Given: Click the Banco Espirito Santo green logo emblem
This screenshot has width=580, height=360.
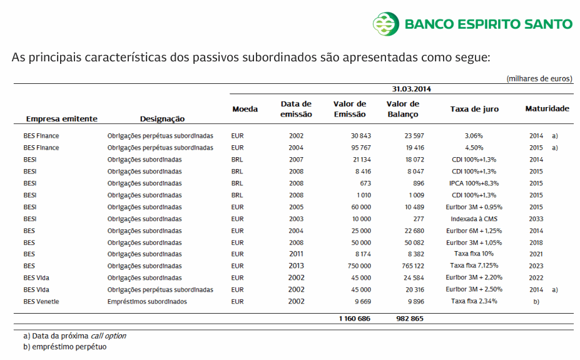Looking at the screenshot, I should (x=386, y=24).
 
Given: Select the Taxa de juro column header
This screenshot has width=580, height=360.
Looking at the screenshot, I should (x=474, y=109).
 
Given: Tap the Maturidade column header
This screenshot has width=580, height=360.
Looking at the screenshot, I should (x=547, y=109).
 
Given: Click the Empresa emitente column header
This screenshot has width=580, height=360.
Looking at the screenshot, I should (x=61, y=119).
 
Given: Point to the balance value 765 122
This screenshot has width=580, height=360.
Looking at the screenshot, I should (x=410, y=266).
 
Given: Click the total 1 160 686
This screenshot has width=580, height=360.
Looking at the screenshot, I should (x=355, y=319).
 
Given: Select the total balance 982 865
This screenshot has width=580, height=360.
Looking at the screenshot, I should (x=410, y=319).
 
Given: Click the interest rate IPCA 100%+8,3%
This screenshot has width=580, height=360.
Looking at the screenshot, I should (x=474, y=183).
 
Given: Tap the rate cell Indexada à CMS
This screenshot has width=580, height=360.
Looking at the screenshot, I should (x=474, y=219).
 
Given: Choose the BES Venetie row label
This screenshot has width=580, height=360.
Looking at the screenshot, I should (x=44, y=302).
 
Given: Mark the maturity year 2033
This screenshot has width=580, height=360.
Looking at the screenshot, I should (x=536, y=219).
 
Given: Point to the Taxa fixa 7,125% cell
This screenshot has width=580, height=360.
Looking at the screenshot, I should (x=474, y=266).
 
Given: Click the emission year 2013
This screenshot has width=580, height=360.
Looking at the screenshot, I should (x=297, y=266).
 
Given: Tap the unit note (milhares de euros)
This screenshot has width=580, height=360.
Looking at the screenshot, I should (x=539, y=79).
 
